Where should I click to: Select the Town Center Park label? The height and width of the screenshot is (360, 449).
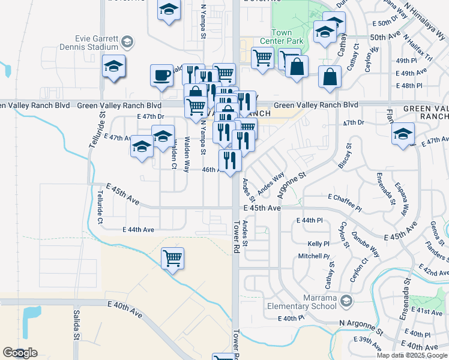coord(281,37)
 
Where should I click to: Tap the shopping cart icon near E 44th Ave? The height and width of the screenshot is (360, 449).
coord(173,257)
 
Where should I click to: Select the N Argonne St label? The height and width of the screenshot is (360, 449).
coord(361,326)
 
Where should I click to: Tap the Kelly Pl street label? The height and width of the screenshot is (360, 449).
coord(318,244)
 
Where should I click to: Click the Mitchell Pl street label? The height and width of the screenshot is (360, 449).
coord(315,256)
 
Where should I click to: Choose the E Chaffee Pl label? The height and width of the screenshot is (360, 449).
coord(345,197)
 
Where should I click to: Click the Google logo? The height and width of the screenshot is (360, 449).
coord(20,353)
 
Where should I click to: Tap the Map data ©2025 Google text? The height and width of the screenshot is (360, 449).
coord(412,355)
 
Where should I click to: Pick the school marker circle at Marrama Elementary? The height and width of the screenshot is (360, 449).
coord(346,300)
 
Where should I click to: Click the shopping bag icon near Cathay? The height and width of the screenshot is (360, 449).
coord(330,76)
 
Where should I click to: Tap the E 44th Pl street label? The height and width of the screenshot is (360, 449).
coord(310,221)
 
